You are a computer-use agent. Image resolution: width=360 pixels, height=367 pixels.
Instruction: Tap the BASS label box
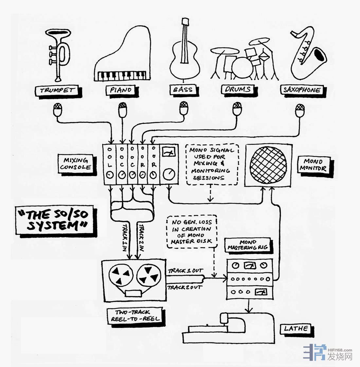(x=183, y=89)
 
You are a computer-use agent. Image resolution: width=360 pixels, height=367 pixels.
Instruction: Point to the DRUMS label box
(x=238, y=89)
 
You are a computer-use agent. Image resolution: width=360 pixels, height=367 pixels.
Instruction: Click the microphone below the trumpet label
(x=58, y=110)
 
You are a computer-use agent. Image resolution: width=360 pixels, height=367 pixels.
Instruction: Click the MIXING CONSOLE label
(x=76, y=164)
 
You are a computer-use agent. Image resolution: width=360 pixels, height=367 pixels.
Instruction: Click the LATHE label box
(x=296, y=328)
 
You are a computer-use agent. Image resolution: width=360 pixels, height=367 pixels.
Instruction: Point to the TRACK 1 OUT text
(x=185, y=271)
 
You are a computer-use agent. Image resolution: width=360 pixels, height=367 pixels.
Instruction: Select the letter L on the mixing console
(x=110, y=165)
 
